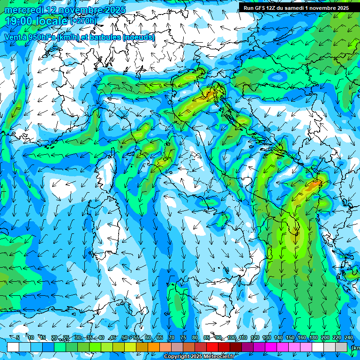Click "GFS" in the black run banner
pyautogui.click(x=262, y=8)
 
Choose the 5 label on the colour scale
pyautogui.click(x=18, y=338)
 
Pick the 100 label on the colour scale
pyautogui.click(x=231, y=338)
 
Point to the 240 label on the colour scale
pyautogui.click(x=349, y=338)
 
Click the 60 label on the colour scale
pyautogui.click(x=148, y=338)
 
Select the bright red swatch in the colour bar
pyautogui.click(x=212, y=347)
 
